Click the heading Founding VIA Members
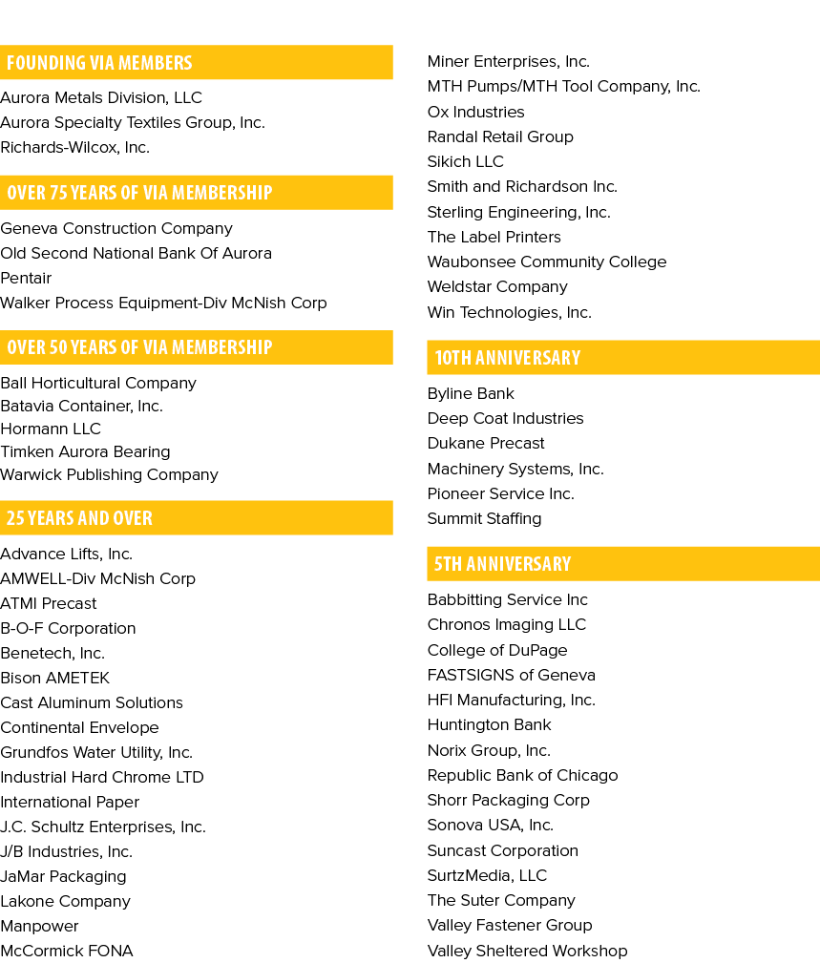tap(99, 63)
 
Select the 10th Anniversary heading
tap(507, 358)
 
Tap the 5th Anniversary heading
tap(502, 564)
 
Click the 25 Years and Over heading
tap(79, 517)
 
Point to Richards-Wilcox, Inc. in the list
tap(75, 147)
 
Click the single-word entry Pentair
tap(26, 279)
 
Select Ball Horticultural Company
tap(98, 384)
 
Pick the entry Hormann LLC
tap(51, 429)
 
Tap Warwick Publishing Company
tap(110, 474)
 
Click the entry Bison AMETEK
tap(54, 678)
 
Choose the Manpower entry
tap(39, 926)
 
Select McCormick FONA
tap(66, 951)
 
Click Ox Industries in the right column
tap(476, 112)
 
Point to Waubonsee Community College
tap(547, 262)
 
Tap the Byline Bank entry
tap(471, 393)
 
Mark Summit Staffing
tap(484, 519)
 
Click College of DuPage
tap(497, 650)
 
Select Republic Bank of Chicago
tap(523, 776)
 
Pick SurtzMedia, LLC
tap(487, 876)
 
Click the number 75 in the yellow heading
tap(58, 193)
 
